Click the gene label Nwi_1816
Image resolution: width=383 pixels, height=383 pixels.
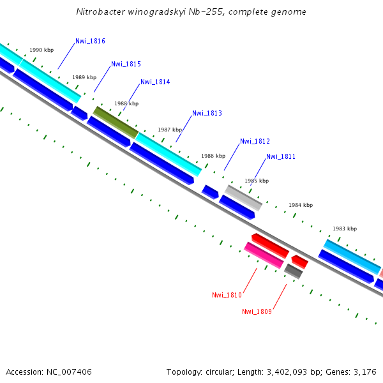coord(90,41)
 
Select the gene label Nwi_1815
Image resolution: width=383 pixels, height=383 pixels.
coord(126,64)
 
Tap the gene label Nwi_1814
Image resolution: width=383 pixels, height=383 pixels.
coord(155,82)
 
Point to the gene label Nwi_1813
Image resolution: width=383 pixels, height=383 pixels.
coord(207,114)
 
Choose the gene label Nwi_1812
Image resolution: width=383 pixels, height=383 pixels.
coord(255,141)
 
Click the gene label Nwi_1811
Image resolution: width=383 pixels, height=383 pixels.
coord(281,156)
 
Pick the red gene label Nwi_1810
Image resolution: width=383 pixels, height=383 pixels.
coord(227,295)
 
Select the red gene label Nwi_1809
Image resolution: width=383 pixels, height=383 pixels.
coord(257,312)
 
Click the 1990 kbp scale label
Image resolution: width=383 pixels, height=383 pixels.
coord(41,50)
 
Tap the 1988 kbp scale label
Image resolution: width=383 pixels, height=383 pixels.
coord(126,103)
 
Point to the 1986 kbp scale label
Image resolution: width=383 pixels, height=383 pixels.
coord(213,156)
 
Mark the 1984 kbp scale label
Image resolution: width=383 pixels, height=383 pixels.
coord(301,205)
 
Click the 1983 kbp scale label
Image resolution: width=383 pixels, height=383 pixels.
coord(345,229)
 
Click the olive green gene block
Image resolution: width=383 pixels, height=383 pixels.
coord(116,121)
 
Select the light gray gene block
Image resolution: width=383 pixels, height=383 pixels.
coord(243,198)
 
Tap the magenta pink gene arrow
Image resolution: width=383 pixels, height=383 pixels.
coord(264,255)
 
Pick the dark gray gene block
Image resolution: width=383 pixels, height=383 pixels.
coord(293,271)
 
